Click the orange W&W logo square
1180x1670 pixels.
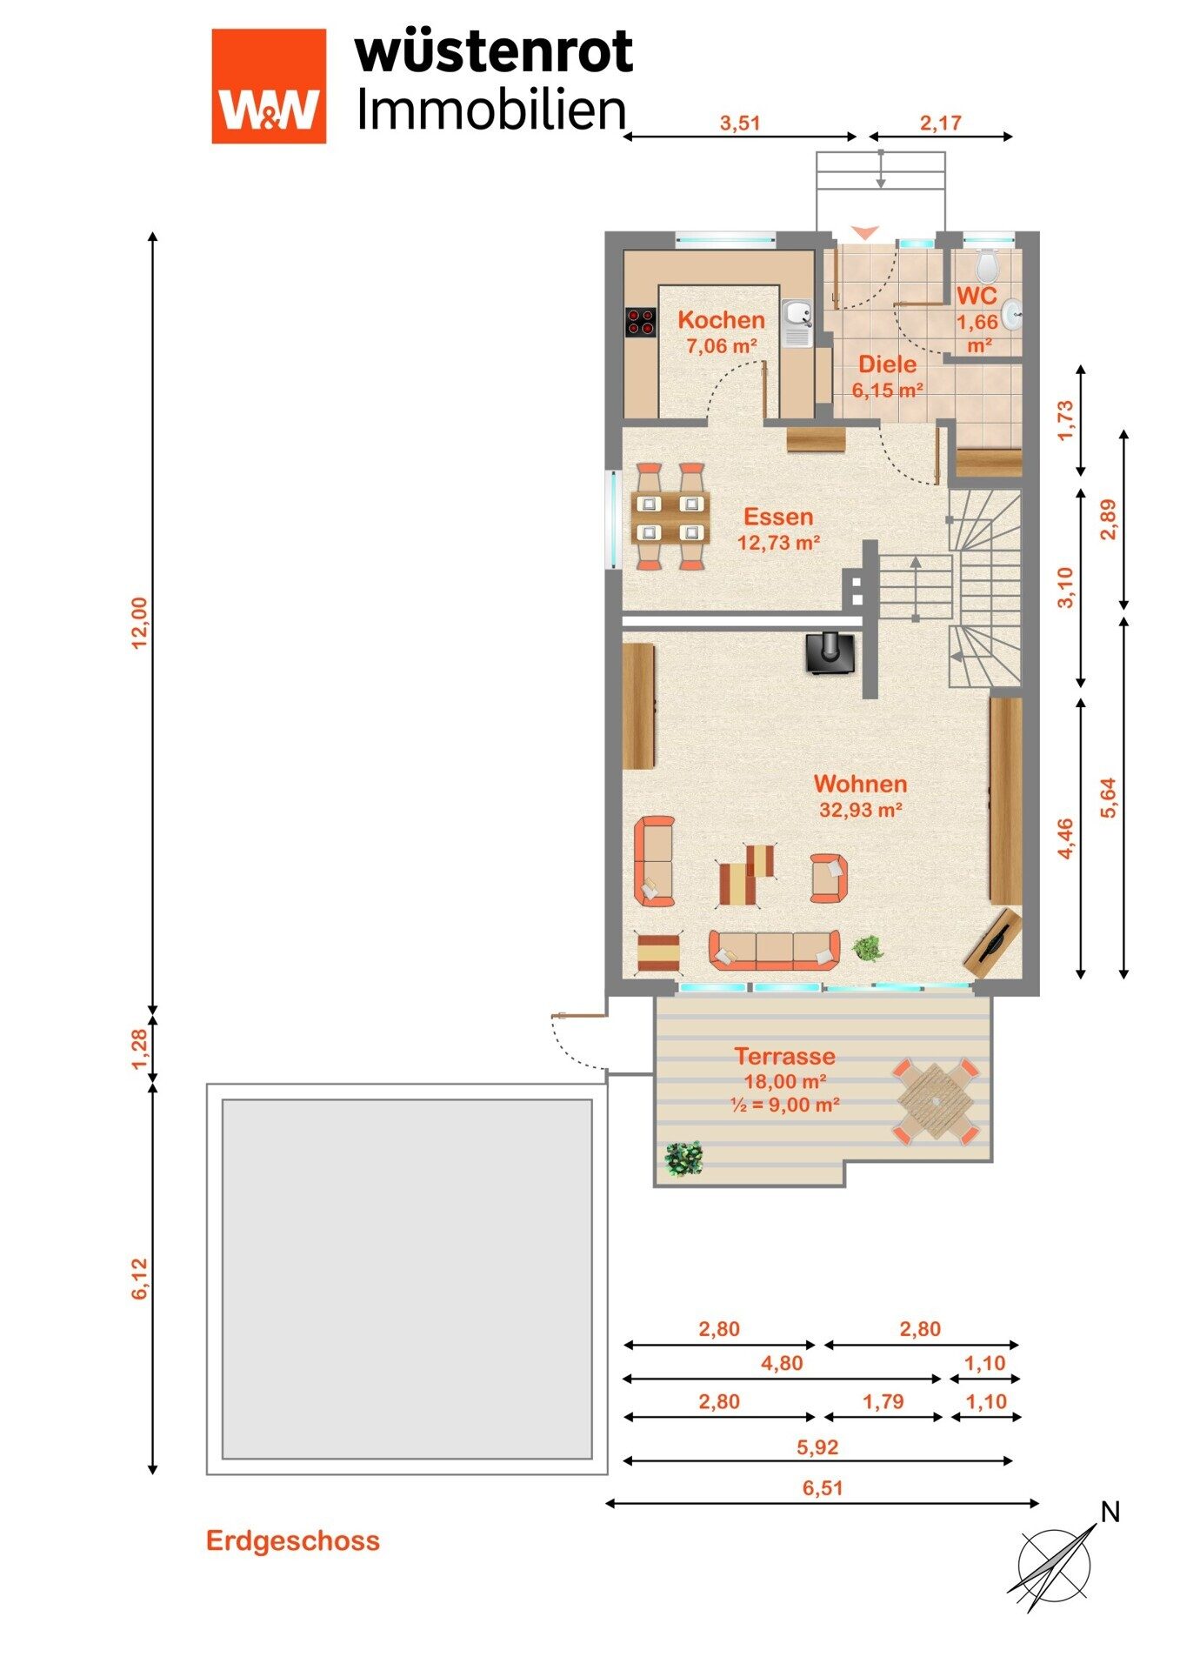coord(269,86)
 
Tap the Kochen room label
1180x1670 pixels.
coord(721,320)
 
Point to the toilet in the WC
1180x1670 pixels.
coord(987,263)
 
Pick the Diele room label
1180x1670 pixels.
coord(887,364)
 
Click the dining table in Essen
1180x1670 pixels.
coord(670,517)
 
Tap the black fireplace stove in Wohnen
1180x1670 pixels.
coord(830,652)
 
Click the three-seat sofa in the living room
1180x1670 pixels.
coord(775,950)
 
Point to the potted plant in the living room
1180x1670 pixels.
coord(867,947)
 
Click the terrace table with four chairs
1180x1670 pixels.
coord(936,1100)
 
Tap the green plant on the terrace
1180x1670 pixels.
coord(683,1159)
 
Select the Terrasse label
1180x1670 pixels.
coord(784,1056)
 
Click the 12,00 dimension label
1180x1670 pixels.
coord(139,623)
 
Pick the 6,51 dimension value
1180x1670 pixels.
coord(823,1487)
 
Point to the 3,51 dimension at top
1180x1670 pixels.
coord(740,123)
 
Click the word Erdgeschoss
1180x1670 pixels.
coord(293,1541)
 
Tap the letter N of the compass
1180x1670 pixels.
coord(1110,1513)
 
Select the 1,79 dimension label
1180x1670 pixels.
coord(883,1401)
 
